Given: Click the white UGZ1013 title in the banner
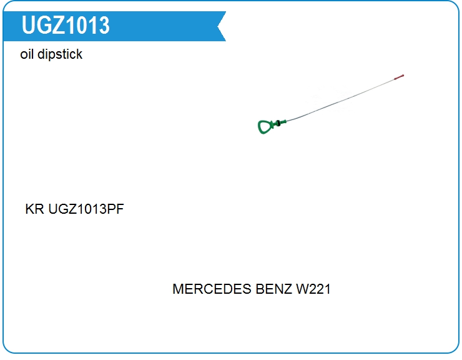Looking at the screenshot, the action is pos(66,25).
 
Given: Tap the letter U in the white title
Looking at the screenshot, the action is pos(28,25).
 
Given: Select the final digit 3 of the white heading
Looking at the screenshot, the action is pos(104,25).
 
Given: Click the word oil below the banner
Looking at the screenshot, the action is pos(27,54).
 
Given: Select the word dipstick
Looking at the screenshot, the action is pos(60,54).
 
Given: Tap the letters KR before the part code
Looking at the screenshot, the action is pos(34,209).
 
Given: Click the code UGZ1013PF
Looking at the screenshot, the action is pos(86,209).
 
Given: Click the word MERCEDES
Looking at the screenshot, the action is pos(212,289).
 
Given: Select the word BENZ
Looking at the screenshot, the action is pos(274,289).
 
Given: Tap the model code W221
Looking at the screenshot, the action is pos(313,289).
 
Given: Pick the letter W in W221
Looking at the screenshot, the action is pos(302,289).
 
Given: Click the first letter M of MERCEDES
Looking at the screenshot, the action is pos(178,289).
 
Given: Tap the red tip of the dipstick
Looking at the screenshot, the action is pos(399,77).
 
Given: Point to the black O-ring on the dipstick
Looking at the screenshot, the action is pos(278,123).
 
